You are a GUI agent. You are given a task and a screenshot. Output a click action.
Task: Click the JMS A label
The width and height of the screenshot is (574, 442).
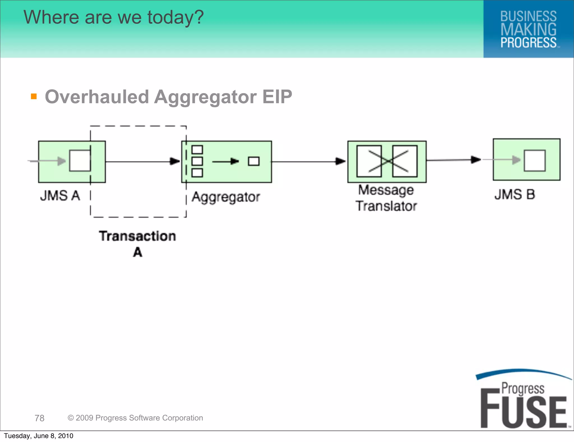(x=60, y=195)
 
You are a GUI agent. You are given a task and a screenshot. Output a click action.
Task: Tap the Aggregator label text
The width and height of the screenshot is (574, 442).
(x=226, y=197)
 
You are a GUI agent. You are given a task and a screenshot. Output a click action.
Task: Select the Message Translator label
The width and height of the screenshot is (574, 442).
(x=386, y=198)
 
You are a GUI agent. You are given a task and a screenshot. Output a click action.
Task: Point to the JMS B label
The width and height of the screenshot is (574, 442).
(x=515, y=194)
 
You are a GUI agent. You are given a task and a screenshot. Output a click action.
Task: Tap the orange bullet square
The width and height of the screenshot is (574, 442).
(x=34, y=96)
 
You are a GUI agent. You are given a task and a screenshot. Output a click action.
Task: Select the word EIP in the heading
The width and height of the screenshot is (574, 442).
(x=277, y=97)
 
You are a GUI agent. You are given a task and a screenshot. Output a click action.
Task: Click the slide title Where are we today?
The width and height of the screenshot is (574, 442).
(x=114, y=17)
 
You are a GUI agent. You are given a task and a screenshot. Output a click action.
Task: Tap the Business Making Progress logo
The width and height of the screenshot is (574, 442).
(x=528, y=29)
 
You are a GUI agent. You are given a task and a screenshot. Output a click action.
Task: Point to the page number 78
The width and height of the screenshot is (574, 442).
(x=40, y=418)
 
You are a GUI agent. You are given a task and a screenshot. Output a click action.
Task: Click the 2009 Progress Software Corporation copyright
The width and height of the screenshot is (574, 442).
(x=135, y=418)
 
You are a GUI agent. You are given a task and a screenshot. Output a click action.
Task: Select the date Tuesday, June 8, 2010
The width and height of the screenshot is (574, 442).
(x=39, y=436)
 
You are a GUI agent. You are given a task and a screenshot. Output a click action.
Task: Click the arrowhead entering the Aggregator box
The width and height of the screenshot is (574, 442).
(x=175, y=161)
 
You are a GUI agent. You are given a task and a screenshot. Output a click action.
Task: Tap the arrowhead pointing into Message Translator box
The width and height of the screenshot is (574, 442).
(x=341, y=161)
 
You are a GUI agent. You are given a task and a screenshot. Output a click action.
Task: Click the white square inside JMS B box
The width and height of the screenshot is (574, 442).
(x=534, y=160)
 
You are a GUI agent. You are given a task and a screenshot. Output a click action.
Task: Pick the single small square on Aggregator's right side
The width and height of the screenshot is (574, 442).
(x=254, y=161)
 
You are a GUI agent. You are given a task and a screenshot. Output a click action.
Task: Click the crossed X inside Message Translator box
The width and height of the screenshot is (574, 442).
(x=387, y=161)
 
